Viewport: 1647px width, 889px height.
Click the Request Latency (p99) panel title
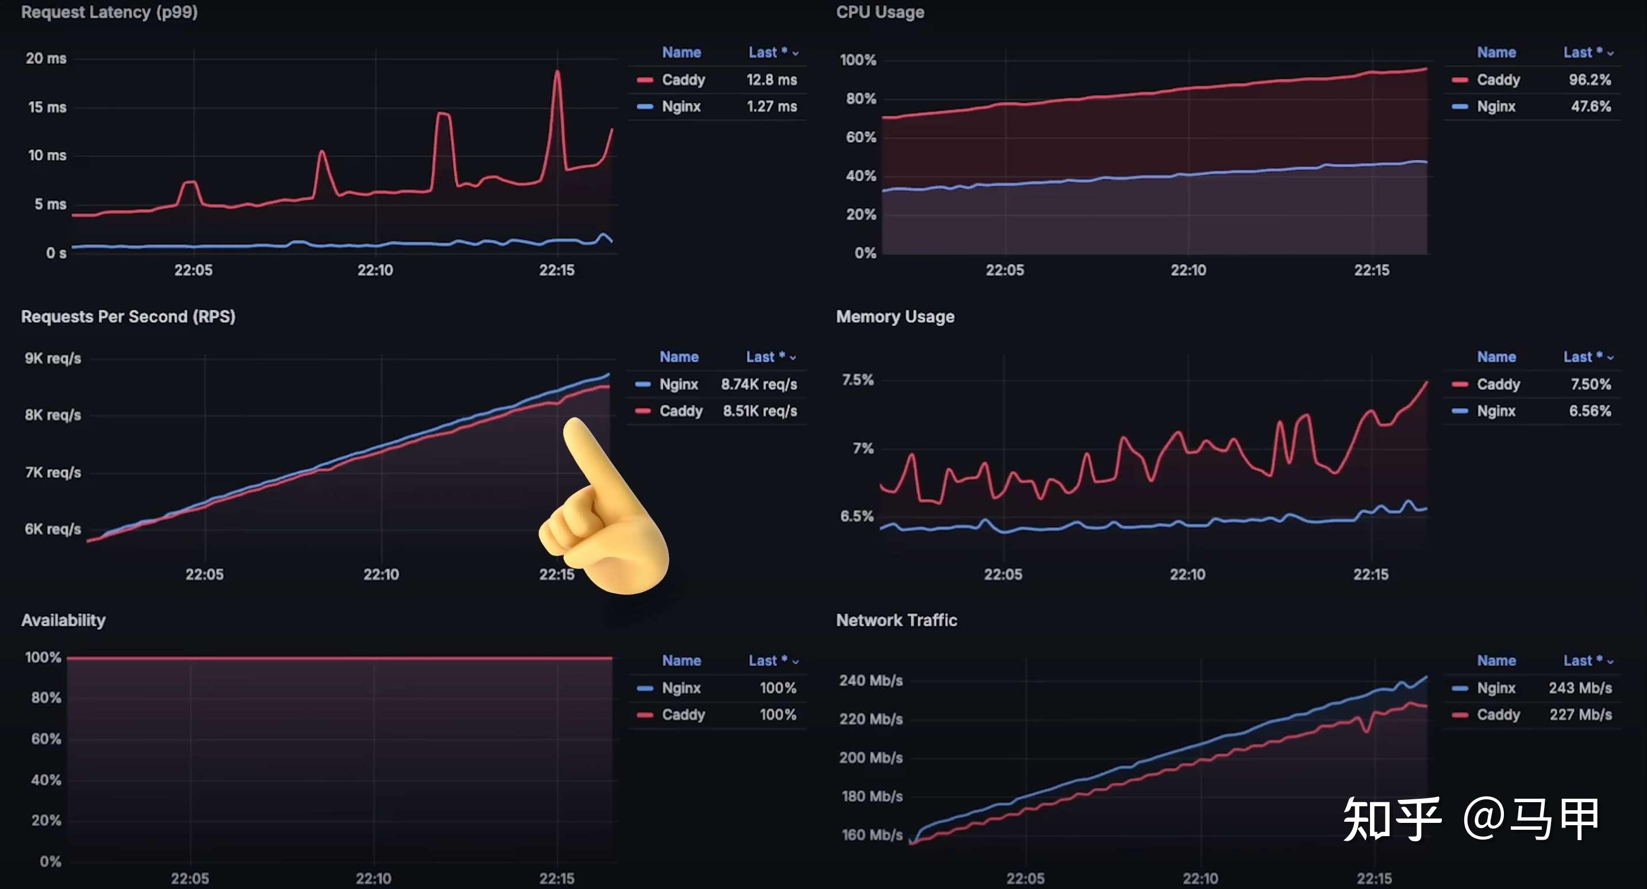(x=109, y=12)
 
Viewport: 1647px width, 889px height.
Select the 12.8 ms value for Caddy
(x=771, y=80)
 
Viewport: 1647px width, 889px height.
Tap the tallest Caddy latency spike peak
(x=557, y=72)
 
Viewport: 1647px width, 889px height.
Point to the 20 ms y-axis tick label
(x=45, y=58)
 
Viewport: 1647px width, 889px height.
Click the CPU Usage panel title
(x=880, y=12)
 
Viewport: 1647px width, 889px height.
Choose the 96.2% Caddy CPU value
(x=1590, y=80)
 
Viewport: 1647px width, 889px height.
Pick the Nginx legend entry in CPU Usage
(x=1495, y=107)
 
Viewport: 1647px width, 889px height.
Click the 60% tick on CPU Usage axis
(x=861, y=137)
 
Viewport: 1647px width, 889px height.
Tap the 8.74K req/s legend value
(x=759, y=384)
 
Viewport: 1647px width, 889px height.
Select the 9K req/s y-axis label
(x=52, y=358)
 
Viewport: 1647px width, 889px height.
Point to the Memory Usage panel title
(x=895, y=317)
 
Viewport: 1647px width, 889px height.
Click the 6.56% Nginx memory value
(x=1590, y=411)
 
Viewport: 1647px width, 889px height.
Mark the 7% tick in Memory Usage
(x=863, y=449)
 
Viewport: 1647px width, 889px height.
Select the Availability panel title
(x=63, y=620)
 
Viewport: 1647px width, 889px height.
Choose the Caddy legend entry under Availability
(x=683, y=715)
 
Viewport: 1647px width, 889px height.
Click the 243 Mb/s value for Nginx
(x=1580, y=688)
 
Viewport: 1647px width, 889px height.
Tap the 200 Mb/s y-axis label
(x=871, y=758)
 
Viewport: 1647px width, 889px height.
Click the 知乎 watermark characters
(x=1392, y=819)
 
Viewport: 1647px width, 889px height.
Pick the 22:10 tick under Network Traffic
(x=1200, y=879)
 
